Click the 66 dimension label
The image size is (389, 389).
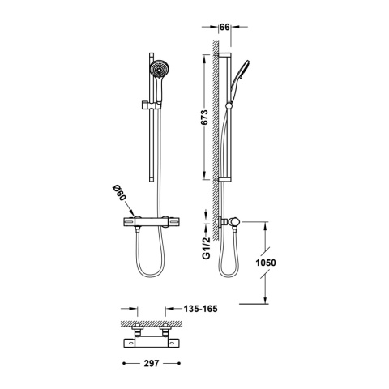(224, 27)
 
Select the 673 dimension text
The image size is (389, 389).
(205, 118)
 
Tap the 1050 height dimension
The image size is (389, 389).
(266, 263)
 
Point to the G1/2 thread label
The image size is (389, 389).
(207, 248)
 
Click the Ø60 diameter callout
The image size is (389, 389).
(119, 193)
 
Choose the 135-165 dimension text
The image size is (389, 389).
(200, 309)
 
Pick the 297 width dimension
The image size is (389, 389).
(152, 364)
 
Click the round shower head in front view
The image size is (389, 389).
(158, 68)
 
